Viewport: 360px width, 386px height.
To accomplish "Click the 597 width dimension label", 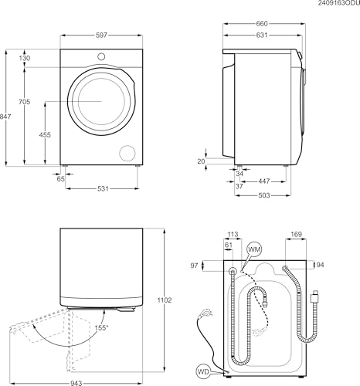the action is point(101,36).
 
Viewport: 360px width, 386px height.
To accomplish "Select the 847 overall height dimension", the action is point(5,117).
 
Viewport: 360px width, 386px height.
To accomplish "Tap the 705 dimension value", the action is point(24,102).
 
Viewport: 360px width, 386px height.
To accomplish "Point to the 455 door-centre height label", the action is point(45,134).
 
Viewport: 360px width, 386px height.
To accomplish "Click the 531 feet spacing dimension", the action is point(103,188).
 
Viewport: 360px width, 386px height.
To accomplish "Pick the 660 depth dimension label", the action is point(262,24).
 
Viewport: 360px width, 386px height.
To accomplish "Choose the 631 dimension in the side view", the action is point(262,35).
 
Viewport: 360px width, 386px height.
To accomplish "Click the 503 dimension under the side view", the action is point(264,195).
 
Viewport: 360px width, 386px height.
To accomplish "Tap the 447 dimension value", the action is point(264,181).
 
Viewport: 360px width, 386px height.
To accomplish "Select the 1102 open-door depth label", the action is point(165,300).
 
